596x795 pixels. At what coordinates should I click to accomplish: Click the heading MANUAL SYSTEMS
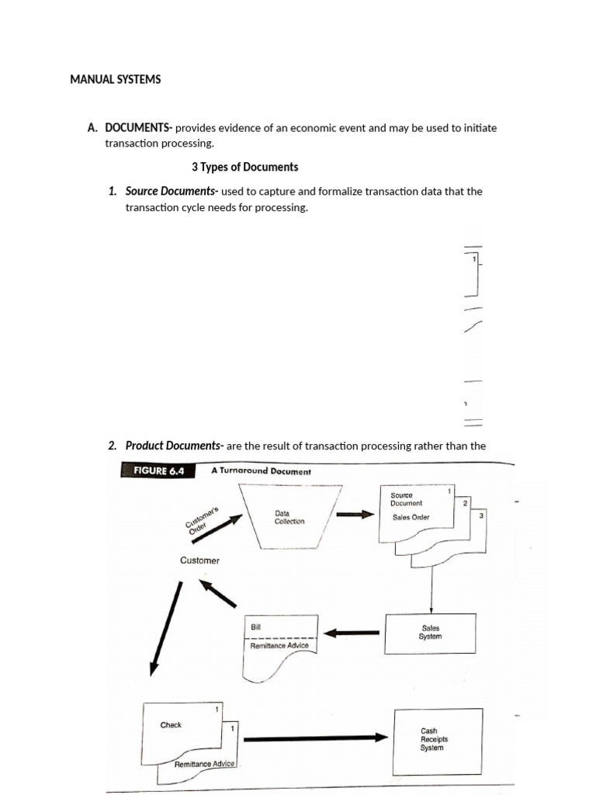(116, 79)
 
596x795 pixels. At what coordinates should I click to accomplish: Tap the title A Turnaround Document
(260, 471)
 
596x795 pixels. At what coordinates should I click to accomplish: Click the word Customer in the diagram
(199, 561)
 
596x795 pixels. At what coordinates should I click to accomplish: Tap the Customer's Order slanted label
(203, 518)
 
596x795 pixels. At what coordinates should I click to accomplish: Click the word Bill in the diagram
(256, 626)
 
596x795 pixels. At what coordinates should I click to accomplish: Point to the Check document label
(171, 725)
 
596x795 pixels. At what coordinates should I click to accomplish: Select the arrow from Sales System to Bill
(352, 633)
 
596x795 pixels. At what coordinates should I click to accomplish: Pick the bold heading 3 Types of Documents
(244, 167)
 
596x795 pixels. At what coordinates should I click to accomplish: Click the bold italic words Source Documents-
(172, 191)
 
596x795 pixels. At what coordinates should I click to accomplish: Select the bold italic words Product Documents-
(174, 446)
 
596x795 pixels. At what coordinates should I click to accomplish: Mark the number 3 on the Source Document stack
(481, 516)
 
